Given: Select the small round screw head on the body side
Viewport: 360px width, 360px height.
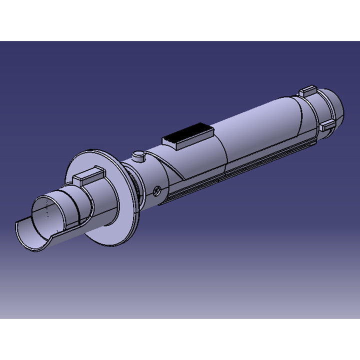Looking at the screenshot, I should [157, 190].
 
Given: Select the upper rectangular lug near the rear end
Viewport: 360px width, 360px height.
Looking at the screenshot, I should [307, 91].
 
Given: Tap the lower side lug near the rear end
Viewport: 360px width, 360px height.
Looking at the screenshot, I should [327, 125].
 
